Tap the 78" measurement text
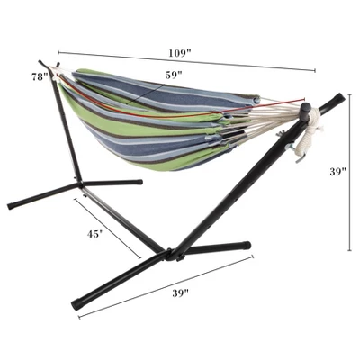(x=39, y=76)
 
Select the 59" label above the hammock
(x=174, y=74)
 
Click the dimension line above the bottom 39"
(x=166, y=283)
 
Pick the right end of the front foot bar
(x=247, y=245)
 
